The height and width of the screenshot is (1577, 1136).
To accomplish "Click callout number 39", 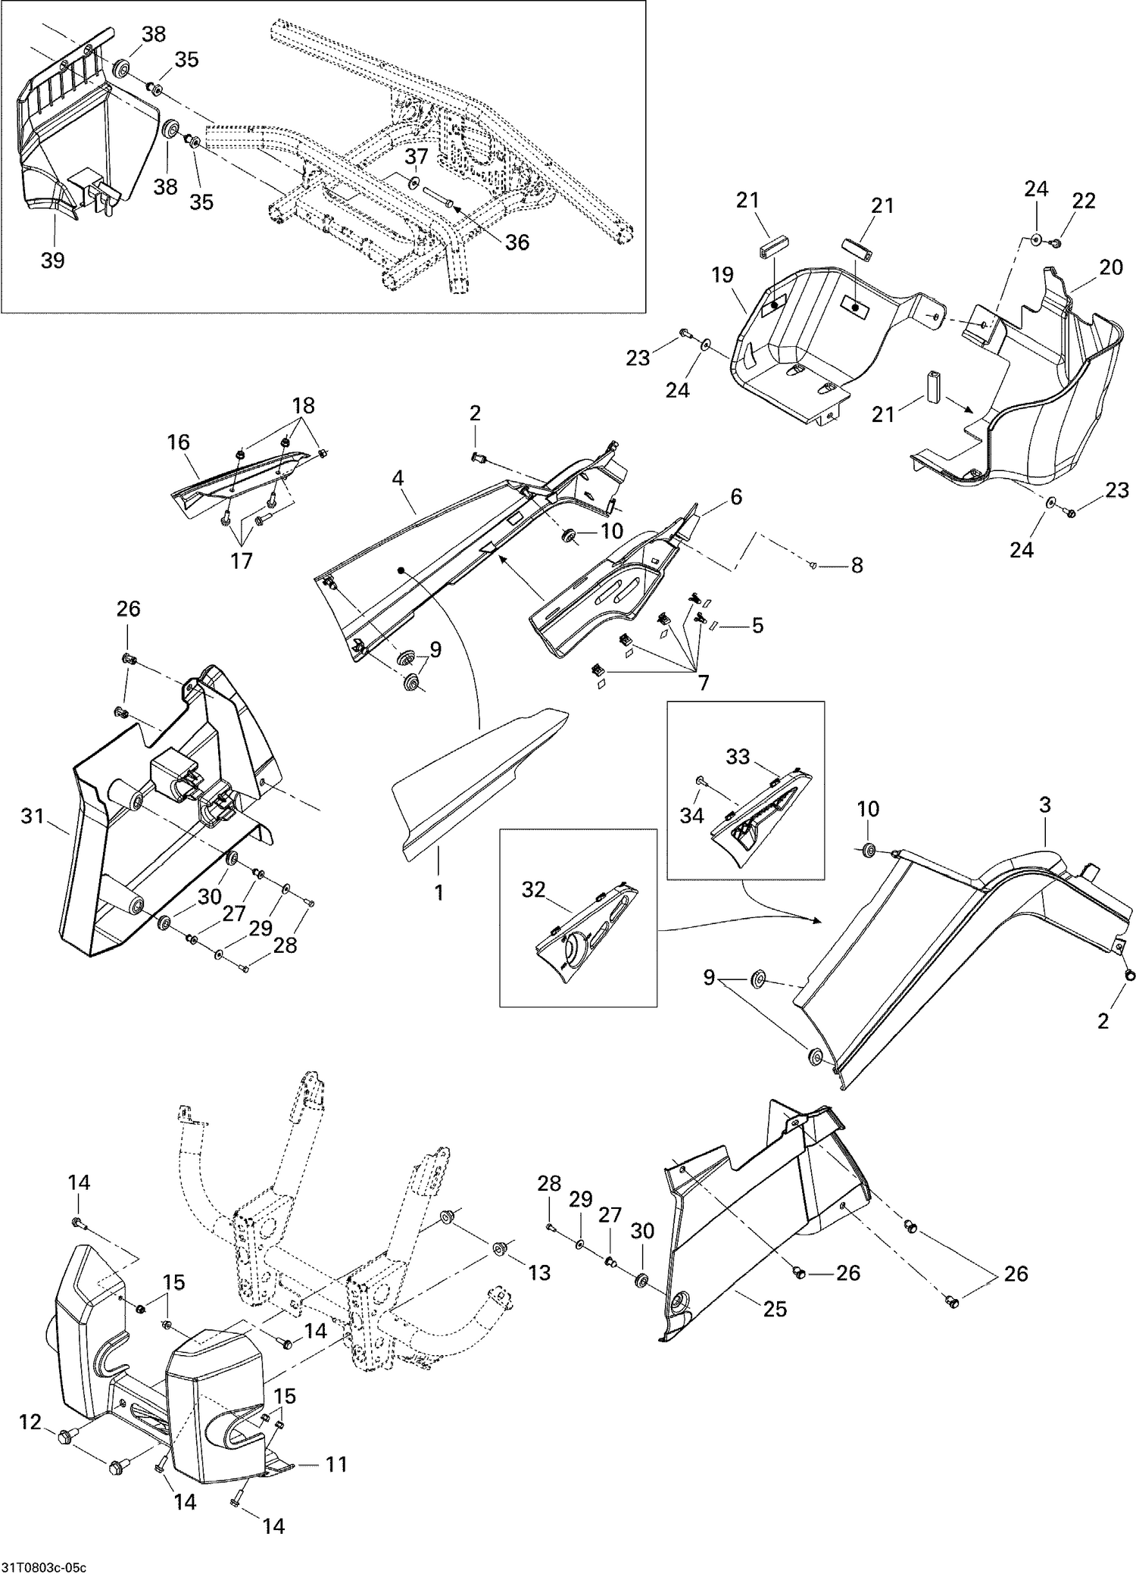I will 52,261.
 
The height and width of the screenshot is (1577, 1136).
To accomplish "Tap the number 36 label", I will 517,242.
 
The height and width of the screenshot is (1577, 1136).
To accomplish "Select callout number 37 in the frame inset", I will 416,157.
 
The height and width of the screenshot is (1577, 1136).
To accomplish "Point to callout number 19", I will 722,275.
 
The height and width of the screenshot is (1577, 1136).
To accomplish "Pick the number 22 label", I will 1084,201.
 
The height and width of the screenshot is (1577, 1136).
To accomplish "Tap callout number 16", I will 179,442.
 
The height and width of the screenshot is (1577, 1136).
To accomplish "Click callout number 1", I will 438,893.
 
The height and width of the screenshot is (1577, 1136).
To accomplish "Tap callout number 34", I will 691,815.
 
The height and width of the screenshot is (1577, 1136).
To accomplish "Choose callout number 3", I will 1044,805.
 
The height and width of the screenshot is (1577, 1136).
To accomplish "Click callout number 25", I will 775,1308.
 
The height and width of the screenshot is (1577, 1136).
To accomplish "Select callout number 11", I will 335,1464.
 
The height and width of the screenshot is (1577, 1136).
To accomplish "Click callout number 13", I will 539,1273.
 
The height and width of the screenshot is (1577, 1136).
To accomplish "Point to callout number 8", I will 857,565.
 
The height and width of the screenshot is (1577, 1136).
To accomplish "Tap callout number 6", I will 735,497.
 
